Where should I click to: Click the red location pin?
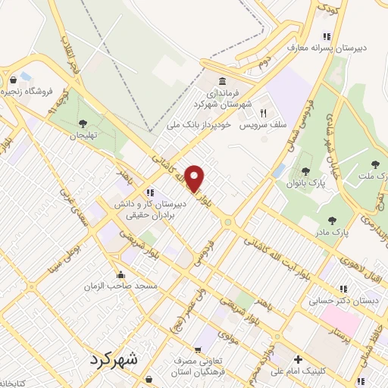(x=195, y=177)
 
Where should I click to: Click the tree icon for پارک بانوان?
(x=305, y=171)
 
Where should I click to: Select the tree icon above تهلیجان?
(x=83, y=124)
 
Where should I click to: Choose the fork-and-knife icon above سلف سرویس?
(x=264, y=111)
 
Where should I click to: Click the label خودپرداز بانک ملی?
(x=200, y=124)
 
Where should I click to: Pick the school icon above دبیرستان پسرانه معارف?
(x=327, y=36)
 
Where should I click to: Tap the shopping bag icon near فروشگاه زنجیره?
(x=13, y=80)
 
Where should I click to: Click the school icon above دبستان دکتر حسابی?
(x=343, y=289)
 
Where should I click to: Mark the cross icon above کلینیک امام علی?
(x=299, y=359)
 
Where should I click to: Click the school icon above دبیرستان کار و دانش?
(x=150, y=192)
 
